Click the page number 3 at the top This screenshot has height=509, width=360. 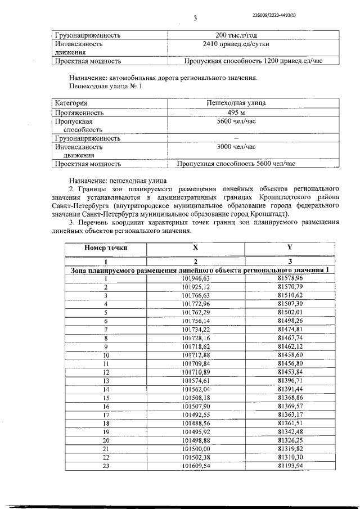[x=195, y=18]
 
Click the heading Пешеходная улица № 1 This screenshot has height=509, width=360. [x=101, y=87]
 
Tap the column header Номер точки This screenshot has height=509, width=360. [x=105, y=247]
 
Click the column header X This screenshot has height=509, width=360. [x=195, y=247]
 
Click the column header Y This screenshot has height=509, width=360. [x=290, y=247]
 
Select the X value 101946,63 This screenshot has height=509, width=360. [x=196, y=278]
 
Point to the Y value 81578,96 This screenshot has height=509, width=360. [x=290, y=278]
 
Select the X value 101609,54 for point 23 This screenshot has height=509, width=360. [x=196, y=466]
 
